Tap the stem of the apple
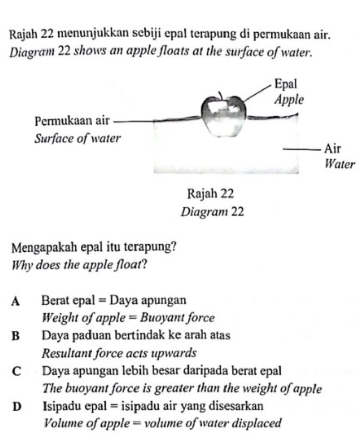[220, 95]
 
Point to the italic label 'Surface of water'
[78, 138]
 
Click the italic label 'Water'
[340, 164]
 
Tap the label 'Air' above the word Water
[332, 149]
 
